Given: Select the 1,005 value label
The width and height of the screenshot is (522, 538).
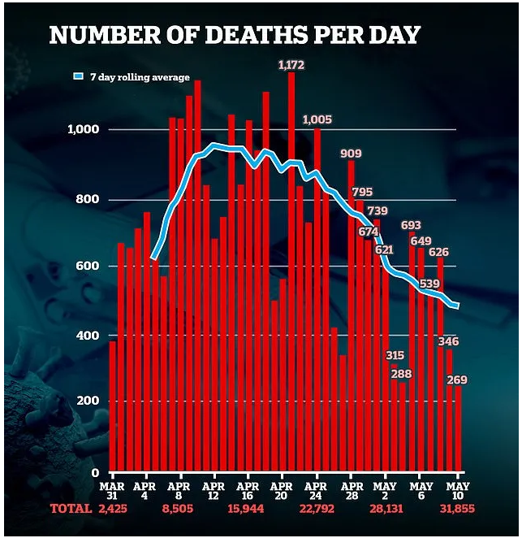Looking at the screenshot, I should (x=317, y=119).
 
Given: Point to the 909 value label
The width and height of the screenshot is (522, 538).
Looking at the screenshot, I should (x=351, y=153).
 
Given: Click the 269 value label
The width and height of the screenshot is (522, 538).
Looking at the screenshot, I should (x=456, y=380).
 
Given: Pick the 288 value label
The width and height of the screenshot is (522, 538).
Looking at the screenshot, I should (x=401, y=374).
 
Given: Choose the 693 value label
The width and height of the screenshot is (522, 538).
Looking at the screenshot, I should (x=411, y=224).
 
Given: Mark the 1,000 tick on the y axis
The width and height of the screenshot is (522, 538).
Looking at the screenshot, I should (x=82, y=130).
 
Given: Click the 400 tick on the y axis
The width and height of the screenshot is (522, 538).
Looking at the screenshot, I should (x=87, y=336).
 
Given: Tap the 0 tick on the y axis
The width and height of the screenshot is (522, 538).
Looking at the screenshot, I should (x=95, y=472).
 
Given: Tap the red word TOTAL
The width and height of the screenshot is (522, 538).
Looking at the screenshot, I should (x=70, y=509).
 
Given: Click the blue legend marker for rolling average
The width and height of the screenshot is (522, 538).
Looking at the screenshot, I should (x=79, y=77).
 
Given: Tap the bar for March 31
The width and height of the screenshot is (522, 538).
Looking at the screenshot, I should (x=112, y=406).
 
